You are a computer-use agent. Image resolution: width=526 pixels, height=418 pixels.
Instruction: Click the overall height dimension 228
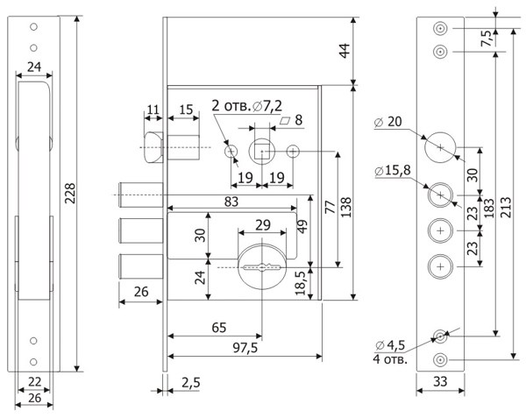click(70, 194)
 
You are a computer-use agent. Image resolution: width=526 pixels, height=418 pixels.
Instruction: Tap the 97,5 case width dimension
click(245, 348)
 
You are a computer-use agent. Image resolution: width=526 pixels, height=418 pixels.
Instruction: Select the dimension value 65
click(219, 328)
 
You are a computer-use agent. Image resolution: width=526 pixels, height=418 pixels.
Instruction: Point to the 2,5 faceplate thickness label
click(190, 382)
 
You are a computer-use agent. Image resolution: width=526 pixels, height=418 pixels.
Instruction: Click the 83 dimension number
click(231, 202)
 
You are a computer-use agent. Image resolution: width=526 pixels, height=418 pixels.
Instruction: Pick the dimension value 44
click(345, 51)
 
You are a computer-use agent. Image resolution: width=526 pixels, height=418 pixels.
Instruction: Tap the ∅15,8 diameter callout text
click(392, 170)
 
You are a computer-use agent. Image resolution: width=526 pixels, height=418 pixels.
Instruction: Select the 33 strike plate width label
click(440, 381)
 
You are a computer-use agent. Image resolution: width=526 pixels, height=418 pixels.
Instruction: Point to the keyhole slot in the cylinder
click(262, 267)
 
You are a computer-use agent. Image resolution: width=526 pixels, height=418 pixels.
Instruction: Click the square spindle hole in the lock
click(262, 152)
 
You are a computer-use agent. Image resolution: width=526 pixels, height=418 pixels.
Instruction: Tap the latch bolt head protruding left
click(153, 147)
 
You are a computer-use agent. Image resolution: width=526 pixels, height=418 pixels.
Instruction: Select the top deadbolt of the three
click(141, 195)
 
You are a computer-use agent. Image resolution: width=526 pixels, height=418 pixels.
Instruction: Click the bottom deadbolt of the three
click(141, 266)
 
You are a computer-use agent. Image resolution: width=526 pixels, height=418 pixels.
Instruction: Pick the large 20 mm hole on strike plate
click(440, 147)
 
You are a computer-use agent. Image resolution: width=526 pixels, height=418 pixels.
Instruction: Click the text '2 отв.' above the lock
click(231, 106)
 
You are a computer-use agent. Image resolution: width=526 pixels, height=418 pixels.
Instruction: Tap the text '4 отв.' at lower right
click(390, 359)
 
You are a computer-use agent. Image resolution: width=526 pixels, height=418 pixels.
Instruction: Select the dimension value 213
click(506, 207)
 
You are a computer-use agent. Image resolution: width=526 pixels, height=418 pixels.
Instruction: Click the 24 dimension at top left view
click(34, 67)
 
